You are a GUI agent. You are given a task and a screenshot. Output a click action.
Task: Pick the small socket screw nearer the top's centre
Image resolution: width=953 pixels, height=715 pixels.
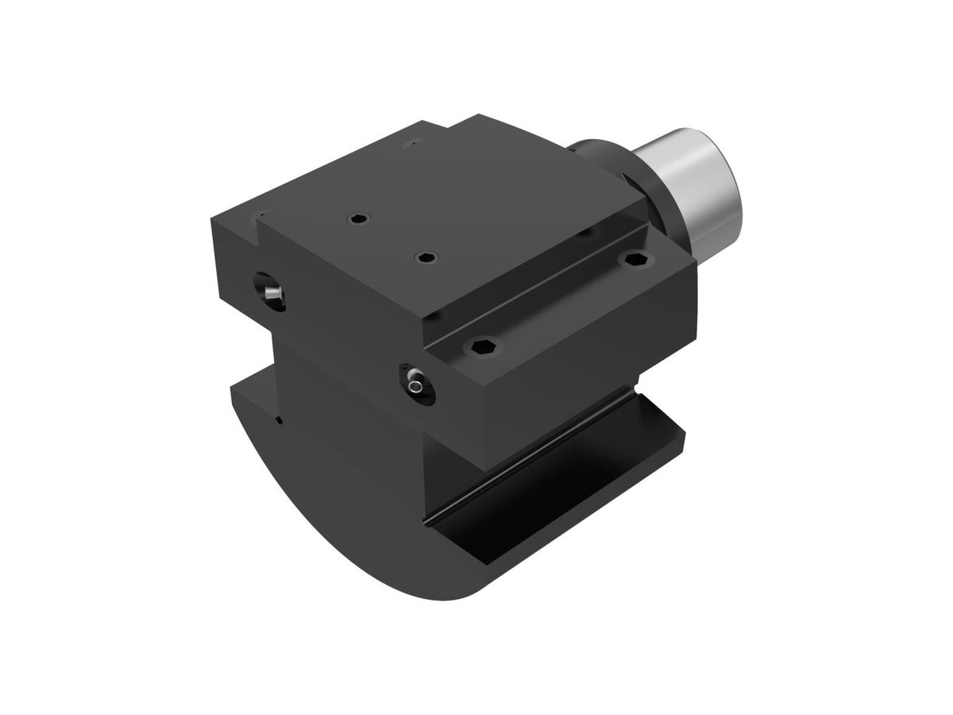click(x=428, y=257)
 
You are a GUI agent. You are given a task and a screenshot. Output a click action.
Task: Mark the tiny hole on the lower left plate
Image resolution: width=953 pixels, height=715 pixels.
click(x=278, y=420)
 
